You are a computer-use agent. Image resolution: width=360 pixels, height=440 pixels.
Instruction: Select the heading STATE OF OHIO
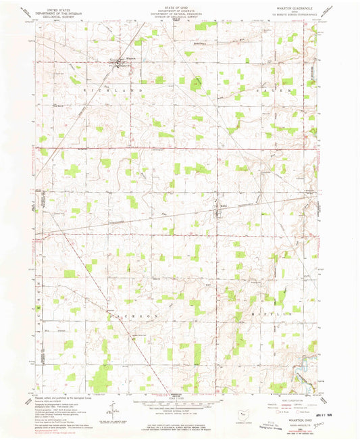(180, 6)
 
